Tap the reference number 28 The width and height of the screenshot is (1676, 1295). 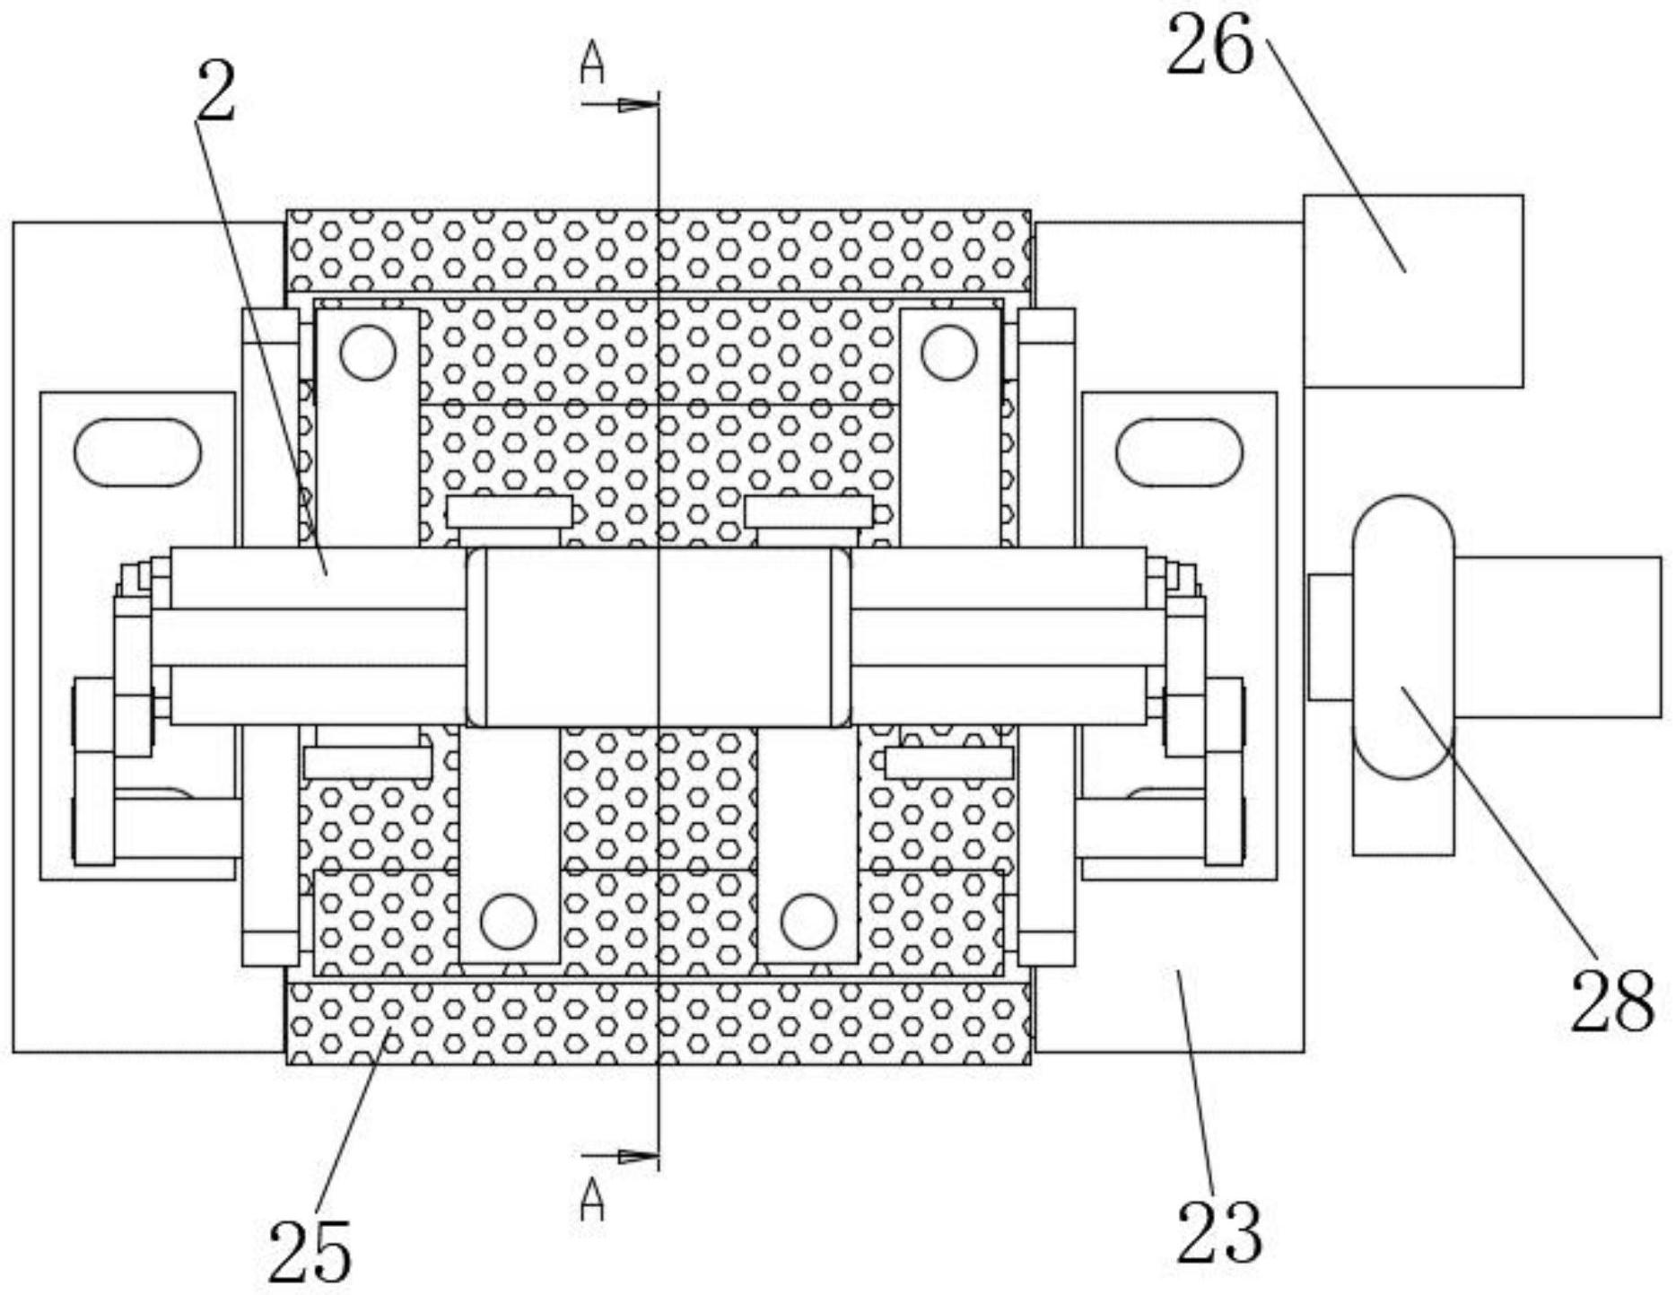[1612, 1000]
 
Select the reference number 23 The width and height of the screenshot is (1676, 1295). [1218, 1232]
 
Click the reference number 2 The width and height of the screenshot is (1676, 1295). [216, 92]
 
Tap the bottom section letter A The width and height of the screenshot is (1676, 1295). [592, 1201]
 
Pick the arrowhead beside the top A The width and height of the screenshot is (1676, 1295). [639, 106]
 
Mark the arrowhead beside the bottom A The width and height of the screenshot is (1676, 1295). [639, 1157]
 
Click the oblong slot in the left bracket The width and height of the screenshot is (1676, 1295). [137, 452]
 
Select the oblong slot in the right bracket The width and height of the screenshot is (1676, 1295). [1179, 452]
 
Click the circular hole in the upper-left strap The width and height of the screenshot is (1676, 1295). [367, 353]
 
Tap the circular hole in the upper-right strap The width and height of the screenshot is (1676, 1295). [948, 353]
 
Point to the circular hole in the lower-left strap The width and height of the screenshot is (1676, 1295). [509, 922]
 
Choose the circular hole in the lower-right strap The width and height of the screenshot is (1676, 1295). [808, 922]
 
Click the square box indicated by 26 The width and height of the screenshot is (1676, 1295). [1413, 291]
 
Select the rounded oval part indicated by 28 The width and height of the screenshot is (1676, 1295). [1403, 636]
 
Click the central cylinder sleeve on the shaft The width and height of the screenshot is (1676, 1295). [659, 636]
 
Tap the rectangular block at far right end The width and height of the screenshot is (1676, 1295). [1558, 637]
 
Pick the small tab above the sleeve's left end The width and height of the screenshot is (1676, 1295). [509, 512]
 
